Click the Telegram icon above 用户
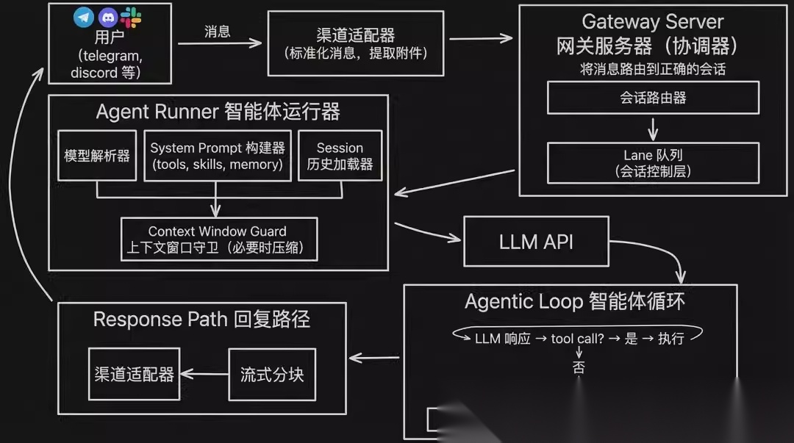coord(84,18)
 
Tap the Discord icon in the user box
coord(108,18)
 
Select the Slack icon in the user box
coord(131,17)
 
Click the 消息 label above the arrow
coord(217,32)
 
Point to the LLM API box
coord(536,241)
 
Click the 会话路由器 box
coord(653,98)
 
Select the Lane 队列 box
coord(653,163)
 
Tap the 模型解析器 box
coord(97,156)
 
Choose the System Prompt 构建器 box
coord(217,156)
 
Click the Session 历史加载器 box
coord(340,156)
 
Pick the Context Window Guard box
coord(218,239)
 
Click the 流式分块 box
coord(272,374)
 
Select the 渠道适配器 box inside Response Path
coord(134,374)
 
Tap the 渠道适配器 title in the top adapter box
coord(355,35)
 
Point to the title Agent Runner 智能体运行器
coord(218,112)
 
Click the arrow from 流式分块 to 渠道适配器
coord(204,374)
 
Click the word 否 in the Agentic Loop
coord(579,367)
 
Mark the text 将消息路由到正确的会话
coord(652,69)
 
